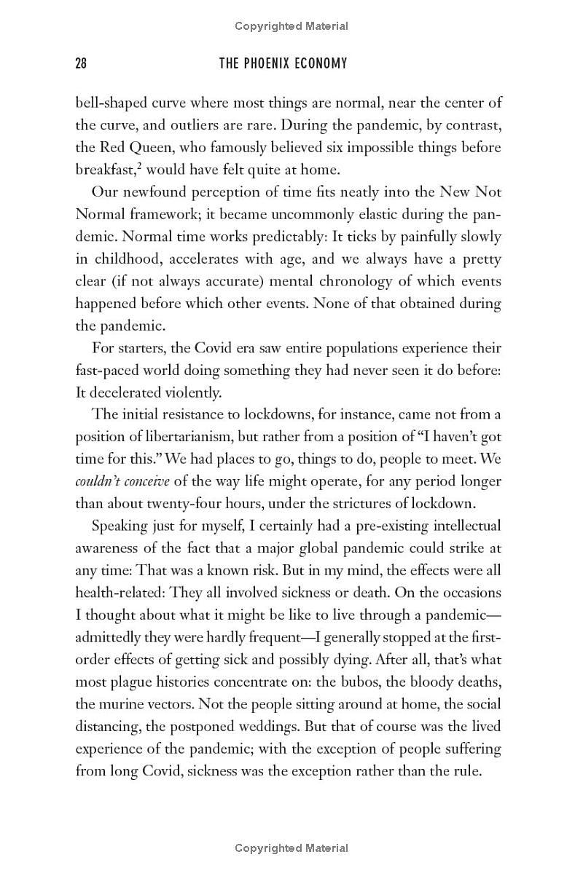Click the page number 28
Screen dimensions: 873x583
pyautogui.click(x=81, y=64)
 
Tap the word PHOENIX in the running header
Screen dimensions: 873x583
pyautogui.click(x=269, y=64)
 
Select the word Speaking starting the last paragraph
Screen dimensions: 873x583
pyautogui.click(x=120, y=526)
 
